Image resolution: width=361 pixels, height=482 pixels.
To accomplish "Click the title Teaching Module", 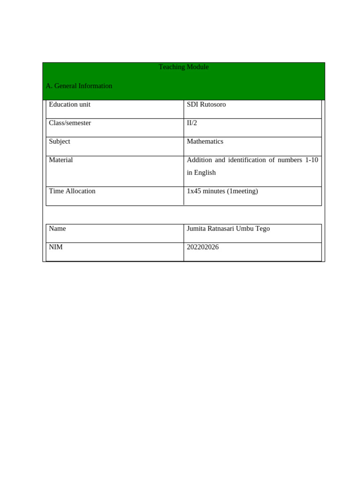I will click(183, 67).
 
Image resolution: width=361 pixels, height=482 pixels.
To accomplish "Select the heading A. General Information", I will click(79, 86).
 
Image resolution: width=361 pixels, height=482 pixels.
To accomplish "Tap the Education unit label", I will click(70, 104).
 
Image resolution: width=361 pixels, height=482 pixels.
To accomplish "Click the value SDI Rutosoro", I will click(206, 104).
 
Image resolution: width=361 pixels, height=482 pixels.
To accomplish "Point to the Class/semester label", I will click(70, 123).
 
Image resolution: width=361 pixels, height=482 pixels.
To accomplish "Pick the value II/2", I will click(192, 123).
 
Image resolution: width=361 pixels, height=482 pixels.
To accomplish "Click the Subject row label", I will click(60, 142).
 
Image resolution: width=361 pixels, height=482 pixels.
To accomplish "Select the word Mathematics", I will click(205, 142).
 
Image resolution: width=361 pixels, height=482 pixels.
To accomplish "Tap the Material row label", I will click(61, 160).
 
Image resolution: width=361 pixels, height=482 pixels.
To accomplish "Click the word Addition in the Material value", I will click(199, 160).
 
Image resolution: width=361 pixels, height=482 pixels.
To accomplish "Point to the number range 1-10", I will click(311, 160).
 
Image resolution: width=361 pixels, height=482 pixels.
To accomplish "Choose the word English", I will click(205, 173).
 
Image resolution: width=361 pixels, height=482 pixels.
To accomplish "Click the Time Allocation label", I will click(72, 191).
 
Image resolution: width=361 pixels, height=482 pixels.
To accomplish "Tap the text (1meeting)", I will click(243, 191).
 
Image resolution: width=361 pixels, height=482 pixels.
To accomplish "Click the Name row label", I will click(57, 229).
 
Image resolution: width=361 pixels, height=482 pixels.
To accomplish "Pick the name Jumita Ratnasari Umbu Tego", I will click(228, 229).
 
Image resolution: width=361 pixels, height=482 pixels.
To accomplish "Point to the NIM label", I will click(56, 247).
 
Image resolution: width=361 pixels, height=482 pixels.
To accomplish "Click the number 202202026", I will click(203, 247).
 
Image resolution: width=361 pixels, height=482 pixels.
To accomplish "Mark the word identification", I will click(247, 160).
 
